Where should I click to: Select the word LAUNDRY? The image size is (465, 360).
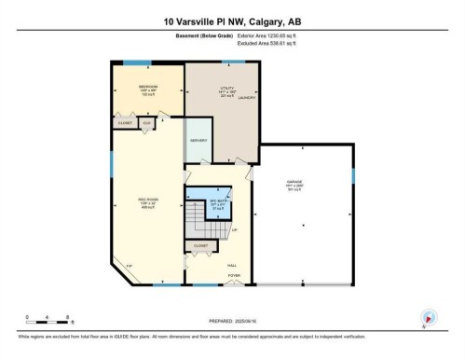[247, 97]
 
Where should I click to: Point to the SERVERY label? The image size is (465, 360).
[198, 140]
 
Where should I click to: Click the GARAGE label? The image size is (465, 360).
[302, 184]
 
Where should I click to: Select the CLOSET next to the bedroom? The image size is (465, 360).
[125, 123]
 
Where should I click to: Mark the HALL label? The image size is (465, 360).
[232, 264]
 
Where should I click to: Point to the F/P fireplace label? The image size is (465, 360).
[129, 268]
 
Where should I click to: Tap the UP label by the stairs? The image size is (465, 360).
[235, 229]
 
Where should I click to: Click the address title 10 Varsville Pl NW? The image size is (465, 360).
[232, 21]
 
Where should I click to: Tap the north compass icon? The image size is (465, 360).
[429, 317]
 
